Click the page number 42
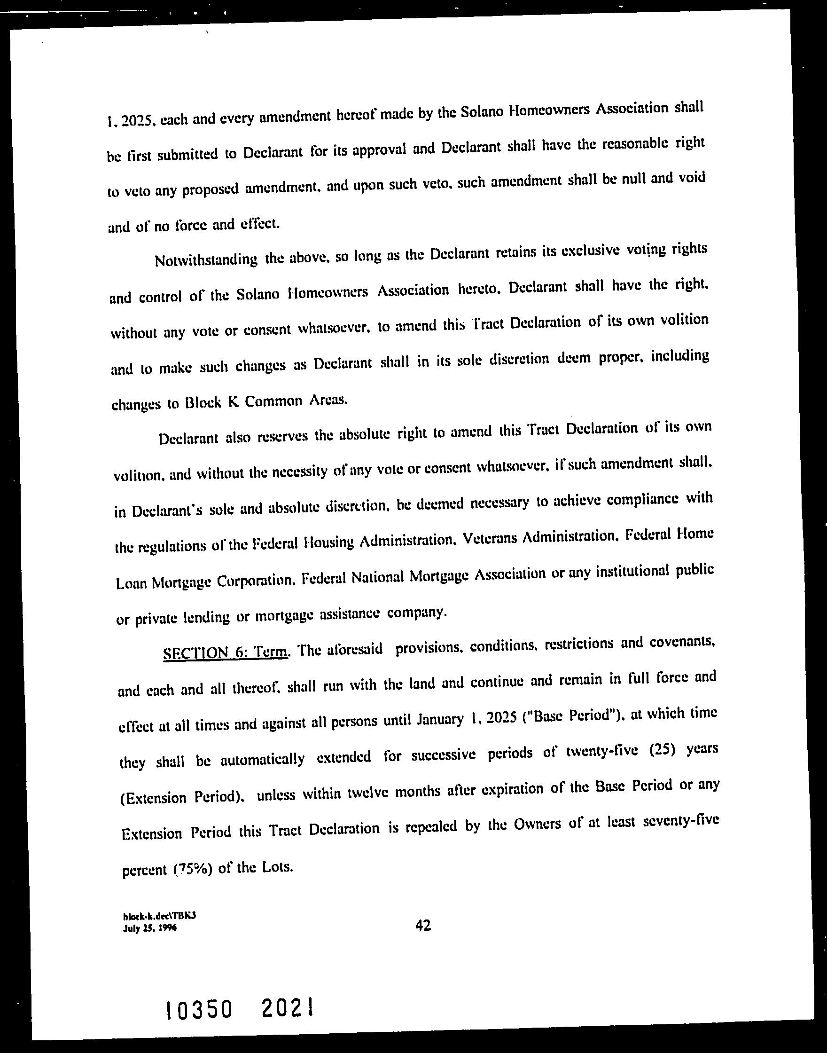(423, 926)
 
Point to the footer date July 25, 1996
(149, 928)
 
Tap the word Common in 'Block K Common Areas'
(273, 401)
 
